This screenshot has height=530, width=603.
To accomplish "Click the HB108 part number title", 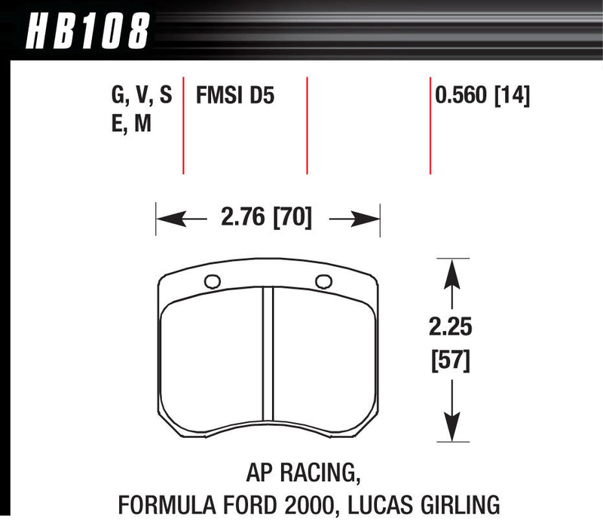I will tap(89, 32).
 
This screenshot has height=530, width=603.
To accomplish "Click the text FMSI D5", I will tap(230, 96).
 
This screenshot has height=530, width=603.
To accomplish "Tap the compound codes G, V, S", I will tap(141, 96).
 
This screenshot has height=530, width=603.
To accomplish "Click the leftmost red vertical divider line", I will tap(184, 124).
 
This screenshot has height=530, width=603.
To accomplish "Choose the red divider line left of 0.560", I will tap(430, 124).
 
